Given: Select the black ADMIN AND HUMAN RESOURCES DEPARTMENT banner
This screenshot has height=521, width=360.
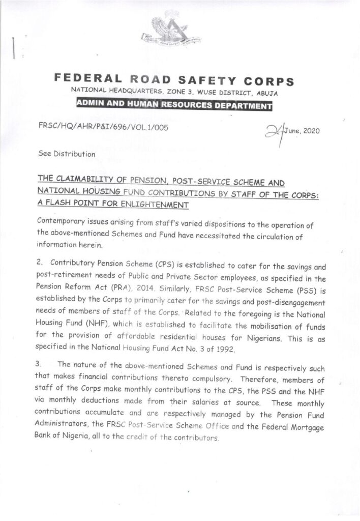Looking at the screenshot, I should [173, 106].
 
